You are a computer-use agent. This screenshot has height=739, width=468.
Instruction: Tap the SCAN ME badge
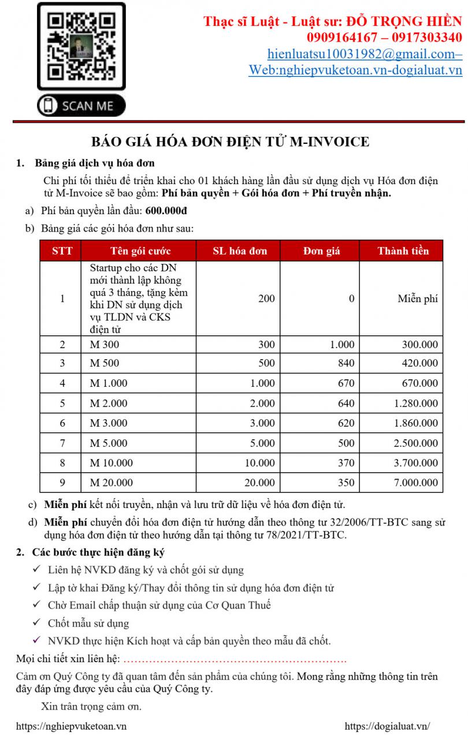tap(81, 106)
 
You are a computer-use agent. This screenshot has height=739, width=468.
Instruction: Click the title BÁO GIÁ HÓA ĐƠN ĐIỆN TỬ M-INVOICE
tap(231, 142)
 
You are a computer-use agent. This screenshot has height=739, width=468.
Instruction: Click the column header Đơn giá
tap(321, 251)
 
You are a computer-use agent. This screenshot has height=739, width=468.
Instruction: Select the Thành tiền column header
tap(403, 251)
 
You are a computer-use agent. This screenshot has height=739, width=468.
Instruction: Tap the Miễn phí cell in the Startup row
tap(417, 299)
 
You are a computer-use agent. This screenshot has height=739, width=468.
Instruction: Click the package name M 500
tap(105, 363)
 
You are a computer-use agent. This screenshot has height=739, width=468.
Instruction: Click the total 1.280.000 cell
tap(416, 404)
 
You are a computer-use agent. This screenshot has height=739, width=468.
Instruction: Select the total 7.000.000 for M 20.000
tap(416, 483)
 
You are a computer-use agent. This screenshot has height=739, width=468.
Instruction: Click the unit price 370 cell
tap(346, 463)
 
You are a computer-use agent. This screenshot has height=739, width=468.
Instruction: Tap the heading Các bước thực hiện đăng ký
tap(99, 553)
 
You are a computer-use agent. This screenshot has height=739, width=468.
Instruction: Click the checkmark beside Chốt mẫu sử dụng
tap(36, 623)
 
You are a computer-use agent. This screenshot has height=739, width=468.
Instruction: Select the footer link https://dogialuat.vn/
tap(387, 726)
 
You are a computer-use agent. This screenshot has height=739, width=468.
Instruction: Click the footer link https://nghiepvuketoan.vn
tap(72, 726)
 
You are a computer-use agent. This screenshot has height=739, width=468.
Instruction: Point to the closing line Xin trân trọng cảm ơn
tap(91, 706)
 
